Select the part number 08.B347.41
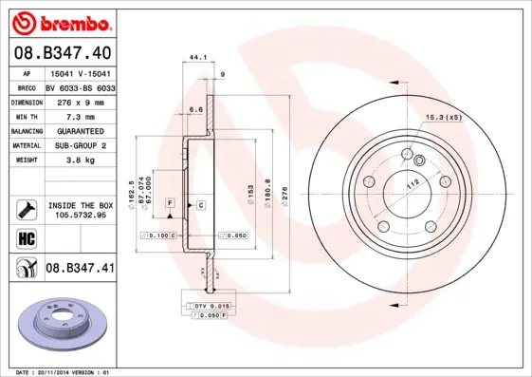(80, 269)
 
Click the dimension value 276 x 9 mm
(80, 101)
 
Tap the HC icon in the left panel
(26, 238)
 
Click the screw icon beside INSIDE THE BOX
(26, 208)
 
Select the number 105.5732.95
(80, 215)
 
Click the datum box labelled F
(170, 204)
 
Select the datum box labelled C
(201, 204)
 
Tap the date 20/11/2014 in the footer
(56, 372)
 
